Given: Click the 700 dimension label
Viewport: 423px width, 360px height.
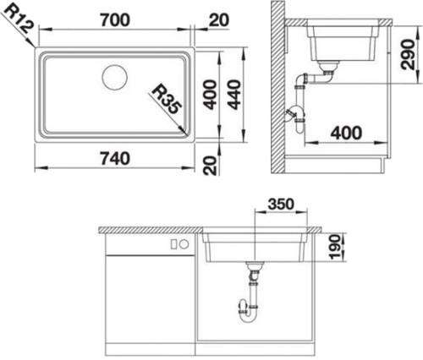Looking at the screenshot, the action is click(x=115, y=20).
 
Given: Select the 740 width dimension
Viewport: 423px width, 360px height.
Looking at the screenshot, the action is click(x=115, y=158).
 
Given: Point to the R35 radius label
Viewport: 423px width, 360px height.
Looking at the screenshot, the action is click(x=166, y=99).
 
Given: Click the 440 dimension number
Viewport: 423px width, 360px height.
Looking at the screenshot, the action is click(x=234, y=95).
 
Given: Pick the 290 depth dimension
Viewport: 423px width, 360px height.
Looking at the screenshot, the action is click(x=408, y=55).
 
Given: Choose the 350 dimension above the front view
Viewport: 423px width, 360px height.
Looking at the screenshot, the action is click(x=281, y=205).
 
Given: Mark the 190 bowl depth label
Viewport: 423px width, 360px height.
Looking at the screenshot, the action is click(x=335, y=248).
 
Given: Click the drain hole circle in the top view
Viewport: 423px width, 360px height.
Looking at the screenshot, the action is click(x=115, y=78).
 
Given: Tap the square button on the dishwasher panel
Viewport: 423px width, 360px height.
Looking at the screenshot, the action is click(x=174, y=244).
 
